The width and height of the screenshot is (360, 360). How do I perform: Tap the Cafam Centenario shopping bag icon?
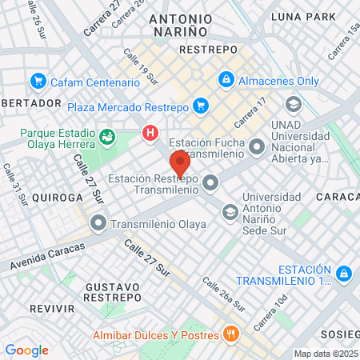pyautogui.click(x=38, y=82)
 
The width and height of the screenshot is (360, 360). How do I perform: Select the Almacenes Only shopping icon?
pyautogui.click(x=226, y=80)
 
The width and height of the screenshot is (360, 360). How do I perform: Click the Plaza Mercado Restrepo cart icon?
pyautogui.click(x=200, y=106)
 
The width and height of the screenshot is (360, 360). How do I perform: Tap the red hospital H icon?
pyautogui.click(x=149, y=134)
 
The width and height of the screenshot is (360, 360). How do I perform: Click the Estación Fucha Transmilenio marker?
pyautogui.click(x=257, y=147)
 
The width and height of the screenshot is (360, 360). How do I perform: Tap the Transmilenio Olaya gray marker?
pyautogui.click(x=98, y=224)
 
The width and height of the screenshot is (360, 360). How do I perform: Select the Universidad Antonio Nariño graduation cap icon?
pyautogui.click(x=230, y=211)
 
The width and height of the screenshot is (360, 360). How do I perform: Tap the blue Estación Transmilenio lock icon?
pyautogui.click(x=344, y=274)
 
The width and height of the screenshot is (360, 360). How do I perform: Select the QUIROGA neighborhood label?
pyautogui.click(x=54, y=197)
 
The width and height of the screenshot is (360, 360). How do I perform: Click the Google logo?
pyautogui.click(x=26, y=350)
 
